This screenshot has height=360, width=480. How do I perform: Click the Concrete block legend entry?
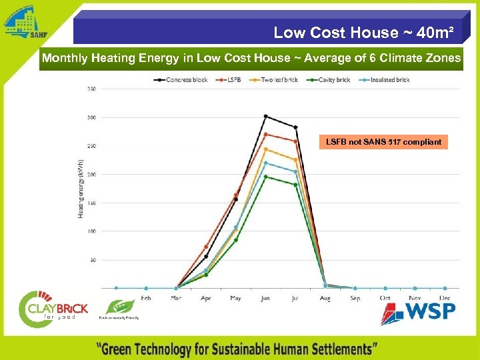click(x=185, y=80)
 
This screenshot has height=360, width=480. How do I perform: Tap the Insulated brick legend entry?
click(x=386, y=80)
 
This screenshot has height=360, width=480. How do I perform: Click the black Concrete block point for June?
click(x=265, y=117)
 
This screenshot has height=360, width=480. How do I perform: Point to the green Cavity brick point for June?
click(x=265, y=177)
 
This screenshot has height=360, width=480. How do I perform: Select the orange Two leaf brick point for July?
click(x=295, y=159)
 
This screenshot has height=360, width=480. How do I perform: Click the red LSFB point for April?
click(x=206, y=247)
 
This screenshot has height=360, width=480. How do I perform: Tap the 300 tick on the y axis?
click(x=91, y=117)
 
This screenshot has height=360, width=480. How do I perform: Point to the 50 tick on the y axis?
click(x=93, y=260)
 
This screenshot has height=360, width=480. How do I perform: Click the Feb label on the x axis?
click(x=146, y=298)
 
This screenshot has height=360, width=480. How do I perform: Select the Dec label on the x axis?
click(x=444, y=298)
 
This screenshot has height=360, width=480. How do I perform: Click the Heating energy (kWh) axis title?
click(x=81, y=188)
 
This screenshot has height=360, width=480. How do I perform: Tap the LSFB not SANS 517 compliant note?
click(x=383, y=142)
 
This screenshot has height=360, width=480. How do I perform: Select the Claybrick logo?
click(x=53, y=307)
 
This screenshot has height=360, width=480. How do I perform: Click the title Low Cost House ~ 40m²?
click(x=363, y=32)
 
